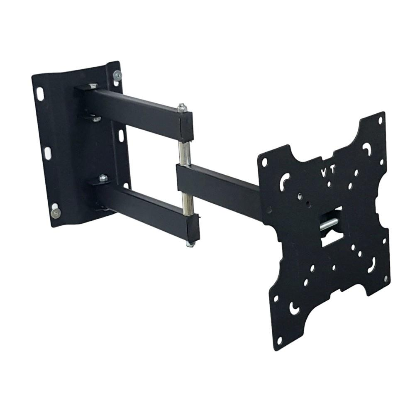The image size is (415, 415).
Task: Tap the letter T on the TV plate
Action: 332,171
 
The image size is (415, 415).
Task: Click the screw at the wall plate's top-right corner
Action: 117,76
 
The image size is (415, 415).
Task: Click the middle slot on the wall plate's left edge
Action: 48,153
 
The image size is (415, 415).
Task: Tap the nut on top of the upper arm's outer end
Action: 182,107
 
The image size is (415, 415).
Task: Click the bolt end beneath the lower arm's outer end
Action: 190,244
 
